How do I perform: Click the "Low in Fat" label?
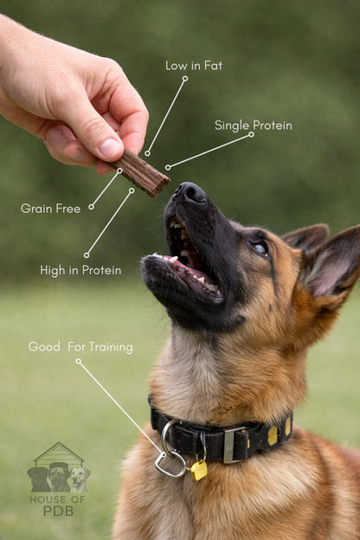coord(194,66)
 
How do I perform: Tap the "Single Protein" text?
coord(253,125)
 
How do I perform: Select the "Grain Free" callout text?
coord(50,209)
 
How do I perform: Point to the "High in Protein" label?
coord(80,270)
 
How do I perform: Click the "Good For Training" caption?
coord(80,347)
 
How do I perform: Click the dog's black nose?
coord(190,192)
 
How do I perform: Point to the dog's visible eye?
coord(260,248)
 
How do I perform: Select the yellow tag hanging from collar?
coord(199,470)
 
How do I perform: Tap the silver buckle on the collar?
coord(233,444)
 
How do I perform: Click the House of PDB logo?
coord(58,480)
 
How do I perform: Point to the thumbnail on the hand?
coord(110,148)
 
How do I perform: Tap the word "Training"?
coord(111,347)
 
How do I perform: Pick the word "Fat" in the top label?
coord(212,66)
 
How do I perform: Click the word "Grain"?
coord(37,209)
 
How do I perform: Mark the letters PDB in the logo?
coord(57,511)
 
